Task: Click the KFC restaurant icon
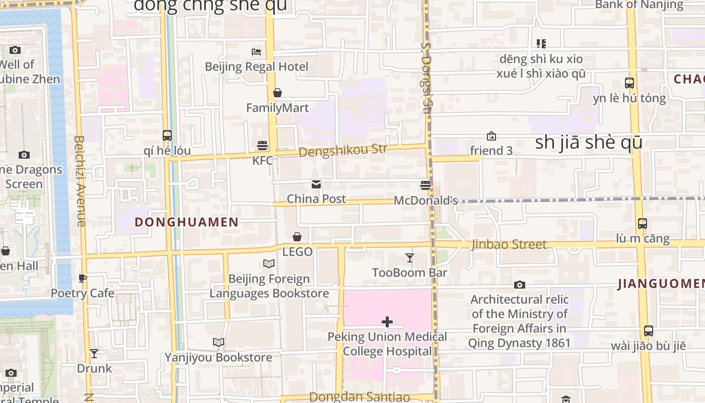262,146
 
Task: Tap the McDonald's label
426,200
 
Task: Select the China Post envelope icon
316,184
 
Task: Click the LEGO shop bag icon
297,237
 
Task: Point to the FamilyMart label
277,108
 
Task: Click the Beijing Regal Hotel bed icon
256,51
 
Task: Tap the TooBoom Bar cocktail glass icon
410,258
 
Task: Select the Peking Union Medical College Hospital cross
387,321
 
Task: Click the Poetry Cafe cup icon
83,278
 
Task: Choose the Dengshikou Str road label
343,150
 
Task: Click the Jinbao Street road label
509,244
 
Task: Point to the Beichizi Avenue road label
80,181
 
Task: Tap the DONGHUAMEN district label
186,222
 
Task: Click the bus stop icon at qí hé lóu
167,135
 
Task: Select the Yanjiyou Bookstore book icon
218,343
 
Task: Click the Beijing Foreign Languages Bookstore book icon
269,263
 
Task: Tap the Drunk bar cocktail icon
94,354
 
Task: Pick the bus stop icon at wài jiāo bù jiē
649,331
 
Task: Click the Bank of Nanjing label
640,5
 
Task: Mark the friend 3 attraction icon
491,136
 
